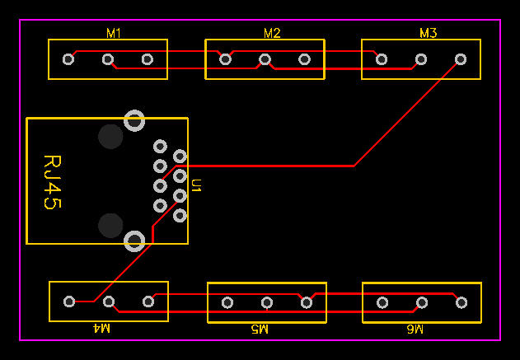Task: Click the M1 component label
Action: click(114, 33)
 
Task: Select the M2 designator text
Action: click(272, 33)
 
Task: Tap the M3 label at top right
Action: click(428, 33)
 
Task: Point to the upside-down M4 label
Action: click(101, 329)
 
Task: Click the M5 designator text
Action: click(260, 329)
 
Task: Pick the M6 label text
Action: click(415, 329)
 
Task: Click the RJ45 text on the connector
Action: click(52, 181)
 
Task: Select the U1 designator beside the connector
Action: click(196, 185)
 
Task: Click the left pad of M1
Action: click(68, 59)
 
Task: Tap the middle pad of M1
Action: click(107, 59)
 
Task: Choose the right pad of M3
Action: click(461, 59)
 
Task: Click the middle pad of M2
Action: click(265, 59)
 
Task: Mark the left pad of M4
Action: click(69, 302)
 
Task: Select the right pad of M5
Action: click(307, 302)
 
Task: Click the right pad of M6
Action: click(461, 302)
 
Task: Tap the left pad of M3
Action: click(382, 59)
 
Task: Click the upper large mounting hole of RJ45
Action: click(134, 120)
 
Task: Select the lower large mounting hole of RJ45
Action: click(134, 241)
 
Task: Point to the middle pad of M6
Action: click(422, 302)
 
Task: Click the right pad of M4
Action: click(148, 302)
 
